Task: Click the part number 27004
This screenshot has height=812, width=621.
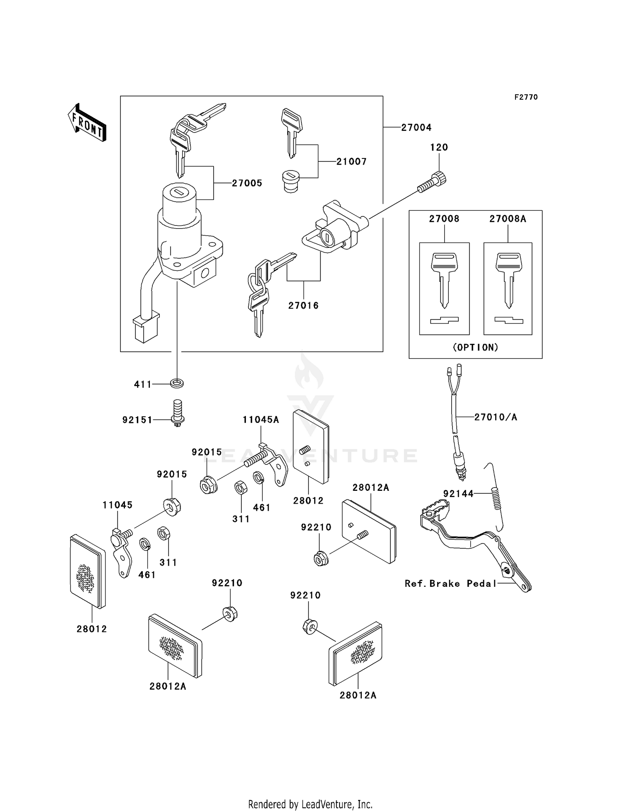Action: click(416, 127)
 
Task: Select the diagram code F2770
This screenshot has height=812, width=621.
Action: click(526, 97)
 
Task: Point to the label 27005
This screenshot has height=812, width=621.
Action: click(247, 183)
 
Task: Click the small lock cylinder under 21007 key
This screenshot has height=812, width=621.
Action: click(291, 183)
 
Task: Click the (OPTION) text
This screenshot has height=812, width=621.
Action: click(475, 348)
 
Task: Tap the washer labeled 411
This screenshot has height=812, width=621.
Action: click(177, 383)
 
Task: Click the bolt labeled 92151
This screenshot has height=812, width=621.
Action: click(177, 413)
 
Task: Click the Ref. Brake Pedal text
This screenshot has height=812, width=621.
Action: click(450, 584)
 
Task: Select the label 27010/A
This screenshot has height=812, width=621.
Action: click(496, 417)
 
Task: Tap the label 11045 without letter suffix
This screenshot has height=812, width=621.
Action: click(118, 505)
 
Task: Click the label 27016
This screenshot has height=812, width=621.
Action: click(303, 305)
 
